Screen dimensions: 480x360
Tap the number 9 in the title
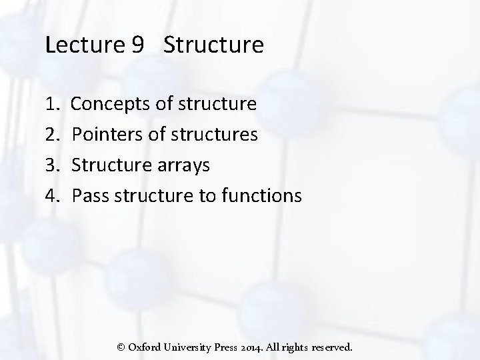pos(138,45)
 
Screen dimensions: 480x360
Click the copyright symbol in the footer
pos(121,347)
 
